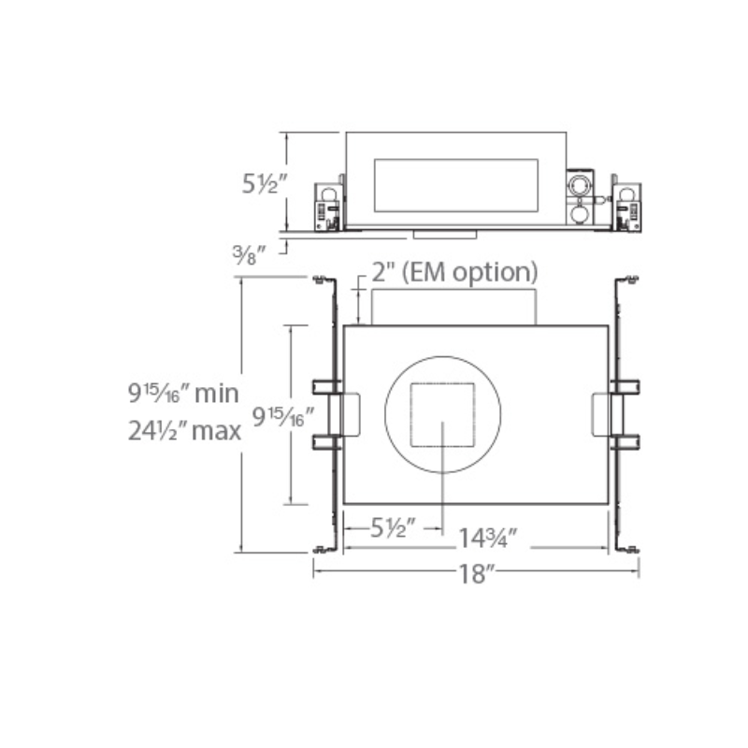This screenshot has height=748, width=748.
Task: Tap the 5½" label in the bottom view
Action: pyautogui.click(x=393, y=527)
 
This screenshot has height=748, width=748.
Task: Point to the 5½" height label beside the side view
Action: pyautogui.click(x=265, y=183)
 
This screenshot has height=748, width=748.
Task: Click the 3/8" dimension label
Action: pyautogui.click(x=249, y=255)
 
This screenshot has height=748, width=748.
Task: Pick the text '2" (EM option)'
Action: pyautogui.click(x=454, y=273)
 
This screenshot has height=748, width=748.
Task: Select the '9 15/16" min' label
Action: pyautogui.click(x=183, y=394)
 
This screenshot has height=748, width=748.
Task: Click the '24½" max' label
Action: pyautogui.click(x=184, y=431)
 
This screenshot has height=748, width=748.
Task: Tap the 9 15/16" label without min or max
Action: pyautogui.click(x=283, y=416)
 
